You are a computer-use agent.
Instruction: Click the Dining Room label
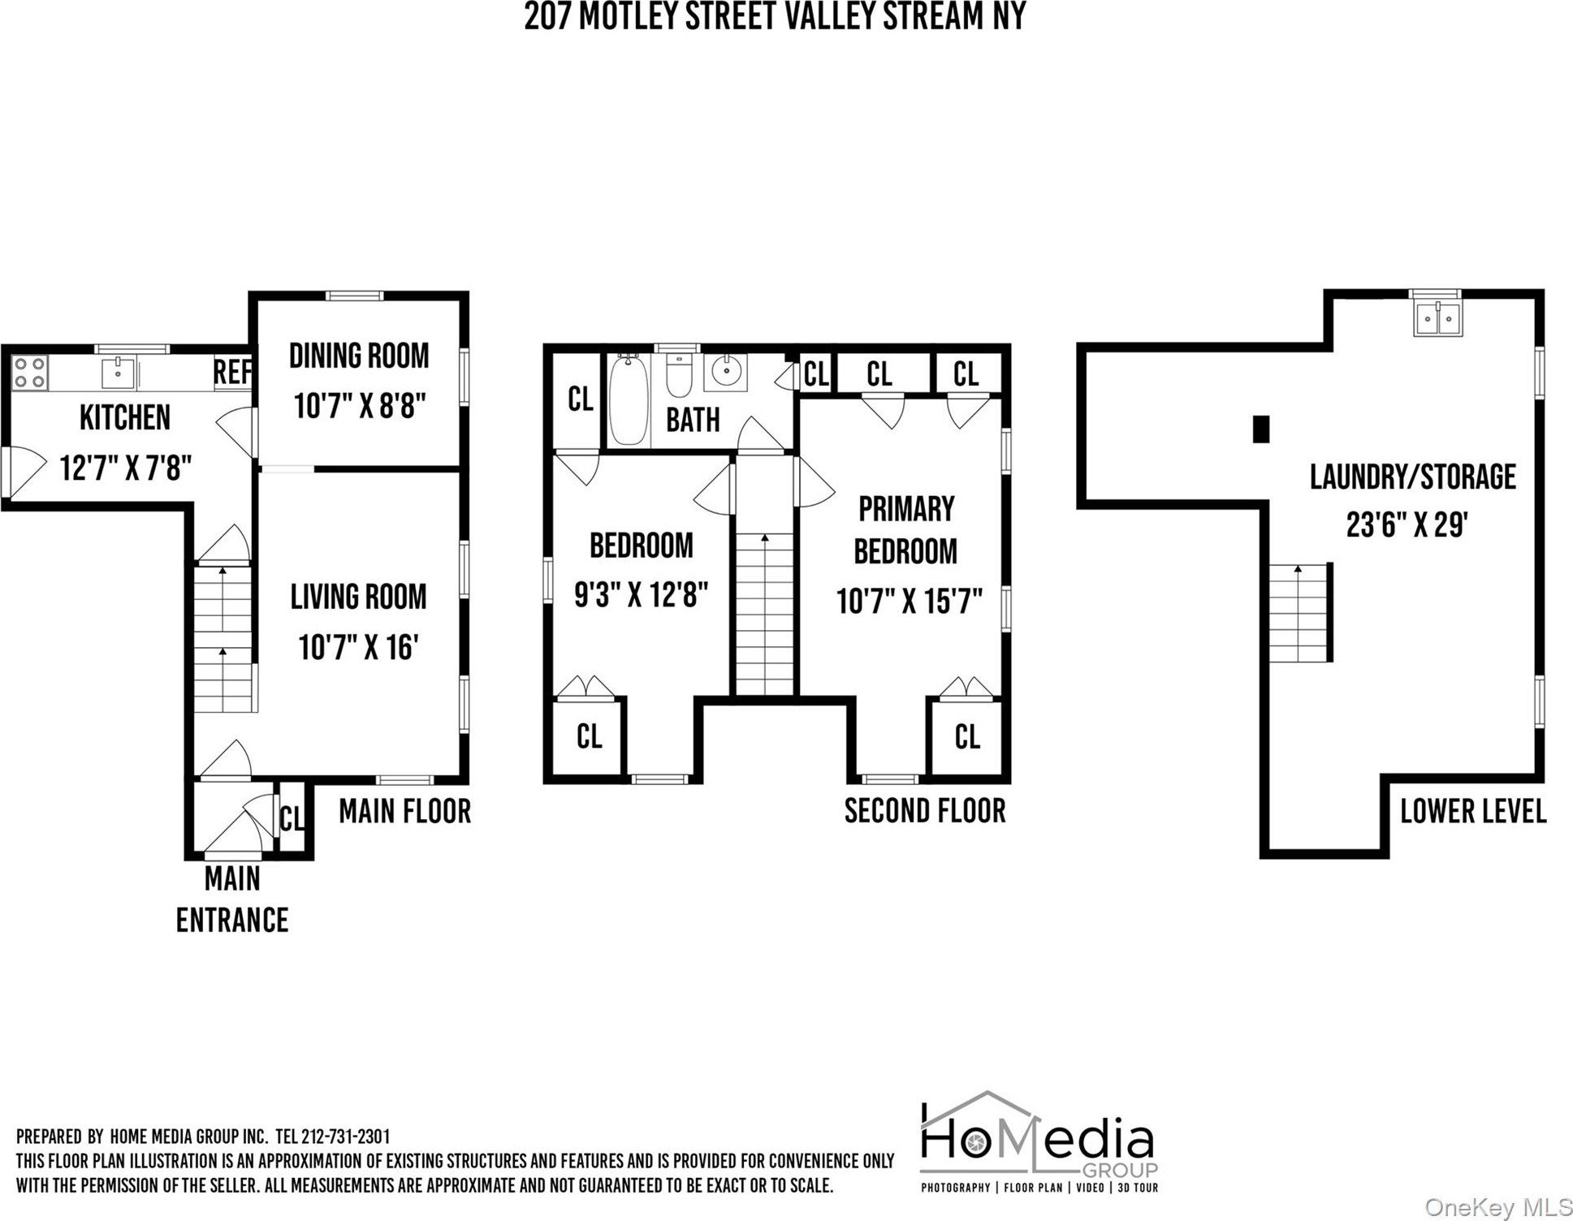(x=359, y=356)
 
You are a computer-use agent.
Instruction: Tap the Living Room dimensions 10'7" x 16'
(x=358, y=648)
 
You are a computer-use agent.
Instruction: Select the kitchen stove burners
(x=29, y=372)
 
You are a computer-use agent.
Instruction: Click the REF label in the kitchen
(x=232, y=373)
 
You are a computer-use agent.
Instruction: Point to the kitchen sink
(x=119, y=373)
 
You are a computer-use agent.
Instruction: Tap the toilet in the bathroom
(x=678, y=375)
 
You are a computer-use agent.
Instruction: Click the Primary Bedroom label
(x=906, y=530)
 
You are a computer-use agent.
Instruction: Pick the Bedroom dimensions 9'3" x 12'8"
(x=642, y=596)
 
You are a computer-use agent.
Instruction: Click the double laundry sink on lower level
(x=1437, y=318)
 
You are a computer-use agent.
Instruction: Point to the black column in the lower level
(x=1260, y=429)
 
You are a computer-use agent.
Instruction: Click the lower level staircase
(x=1299, y=613)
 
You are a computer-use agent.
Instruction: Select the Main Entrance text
(x=232, y=900)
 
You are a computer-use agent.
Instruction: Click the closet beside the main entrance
(x=292, y=818)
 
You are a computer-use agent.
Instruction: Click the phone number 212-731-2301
(x=345, y=1137)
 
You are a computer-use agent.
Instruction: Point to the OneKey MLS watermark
(x=1498, y=1208)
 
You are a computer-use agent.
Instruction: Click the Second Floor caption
(x=925, y=811)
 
